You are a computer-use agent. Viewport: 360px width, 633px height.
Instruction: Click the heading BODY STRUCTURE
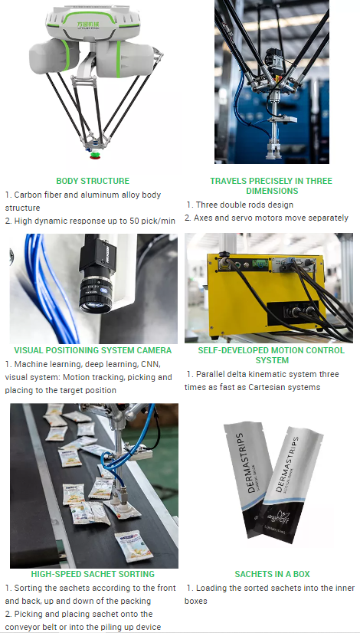click(x=93, y=181)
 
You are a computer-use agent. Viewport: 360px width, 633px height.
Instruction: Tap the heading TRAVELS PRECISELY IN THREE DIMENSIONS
click(x=271, y=185)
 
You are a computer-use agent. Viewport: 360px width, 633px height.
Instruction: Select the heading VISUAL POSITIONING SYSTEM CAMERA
click(x=93, y=350)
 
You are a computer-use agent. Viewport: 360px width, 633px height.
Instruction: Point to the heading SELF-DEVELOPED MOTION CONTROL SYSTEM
click(x=271, y=355)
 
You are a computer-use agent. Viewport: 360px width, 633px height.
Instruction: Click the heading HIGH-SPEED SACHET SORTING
click(x=93, y=573)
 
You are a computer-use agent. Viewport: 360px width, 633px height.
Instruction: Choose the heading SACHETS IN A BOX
click(x=271, y=573)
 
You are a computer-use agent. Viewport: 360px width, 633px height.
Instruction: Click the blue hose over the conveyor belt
click(x=115, y=460)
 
